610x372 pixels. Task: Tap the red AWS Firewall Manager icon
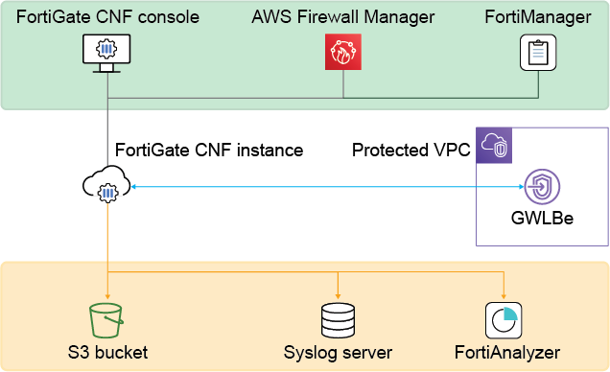(343, 52)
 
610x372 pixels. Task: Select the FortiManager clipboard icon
(538, 52)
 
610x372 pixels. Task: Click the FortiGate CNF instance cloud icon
(107, 187)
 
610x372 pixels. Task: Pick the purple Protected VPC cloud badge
(495, 146)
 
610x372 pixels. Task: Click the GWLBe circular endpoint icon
(543, 187)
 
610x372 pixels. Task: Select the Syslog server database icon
(339, 318)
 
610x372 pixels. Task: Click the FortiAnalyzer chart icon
(504, 318)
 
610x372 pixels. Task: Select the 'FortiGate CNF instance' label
(209, 151)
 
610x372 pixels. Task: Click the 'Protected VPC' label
(411, 151)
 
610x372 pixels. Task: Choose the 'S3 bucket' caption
(107, 352)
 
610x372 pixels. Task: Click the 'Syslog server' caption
(339, 352)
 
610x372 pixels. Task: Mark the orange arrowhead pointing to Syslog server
(339, 293)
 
